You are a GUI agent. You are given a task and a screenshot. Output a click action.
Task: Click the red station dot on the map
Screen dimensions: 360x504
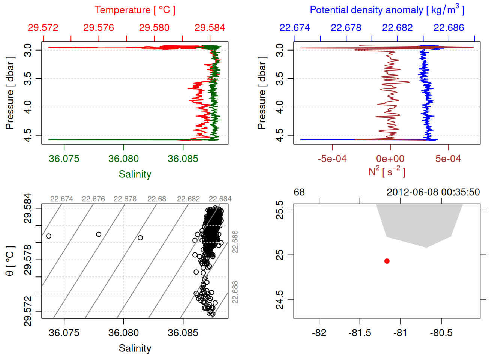[387, 261]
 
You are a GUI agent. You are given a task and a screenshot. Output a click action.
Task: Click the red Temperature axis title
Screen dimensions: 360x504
[135, 10]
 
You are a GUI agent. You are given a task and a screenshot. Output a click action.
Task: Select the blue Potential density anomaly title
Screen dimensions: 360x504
[387, 10]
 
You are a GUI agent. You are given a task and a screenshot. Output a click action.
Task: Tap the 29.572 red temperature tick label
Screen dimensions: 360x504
[43, 28]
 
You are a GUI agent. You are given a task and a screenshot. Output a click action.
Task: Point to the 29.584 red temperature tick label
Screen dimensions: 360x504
[210, 28]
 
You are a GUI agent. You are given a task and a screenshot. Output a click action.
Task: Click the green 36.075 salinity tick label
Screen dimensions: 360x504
[64, 159]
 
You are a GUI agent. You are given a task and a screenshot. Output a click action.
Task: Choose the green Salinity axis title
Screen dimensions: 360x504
[135, 174]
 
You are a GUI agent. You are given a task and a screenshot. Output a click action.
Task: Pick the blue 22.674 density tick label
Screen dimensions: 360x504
[295, 28]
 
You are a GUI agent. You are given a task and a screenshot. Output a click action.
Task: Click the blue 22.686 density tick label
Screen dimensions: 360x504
[448, 28]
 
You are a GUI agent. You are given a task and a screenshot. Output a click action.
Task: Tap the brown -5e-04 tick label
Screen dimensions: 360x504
[332, 159]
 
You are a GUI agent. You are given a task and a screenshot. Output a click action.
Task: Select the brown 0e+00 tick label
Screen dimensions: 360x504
[390, 159]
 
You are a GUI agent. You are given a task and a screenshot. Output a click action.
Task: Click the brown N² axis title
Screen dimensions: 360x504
[387, 172]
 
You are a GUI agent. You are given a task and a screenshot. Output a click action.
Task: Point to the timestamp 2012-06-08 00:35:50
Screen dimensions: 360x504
[433, 192]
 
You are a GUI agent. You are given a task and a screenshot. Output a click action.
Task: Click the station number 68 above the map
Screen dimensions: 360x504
[299, 192]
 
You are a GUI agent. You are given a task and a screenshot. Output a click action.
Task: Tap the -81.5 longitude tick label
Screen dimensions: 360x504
[360, 333]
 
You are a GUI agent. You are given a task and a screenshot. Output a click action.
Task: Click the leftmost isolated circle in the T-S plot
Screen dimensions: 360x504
[49, 236]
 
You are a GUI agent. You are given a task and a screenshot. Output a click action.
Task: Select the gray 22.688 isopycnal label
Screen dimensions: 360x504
[235, 292]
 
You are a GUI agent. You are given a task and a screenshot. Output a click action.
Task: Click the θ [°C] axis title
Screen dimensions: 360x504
[10, 261]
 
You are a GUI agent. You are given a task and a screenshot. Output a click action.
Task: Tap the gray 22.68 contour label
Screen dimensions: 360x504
[157, 199]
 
